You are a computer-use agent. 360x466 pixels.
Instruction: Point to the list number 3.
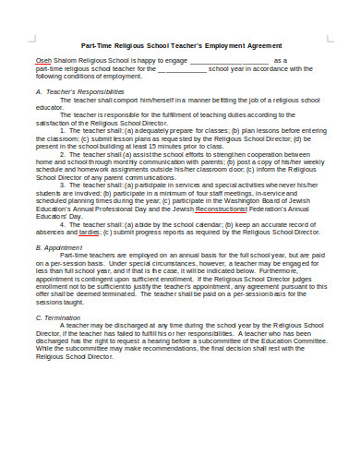coord(63,185)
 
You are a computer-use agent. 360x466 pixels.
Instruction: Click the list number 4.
coord(63,225)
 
